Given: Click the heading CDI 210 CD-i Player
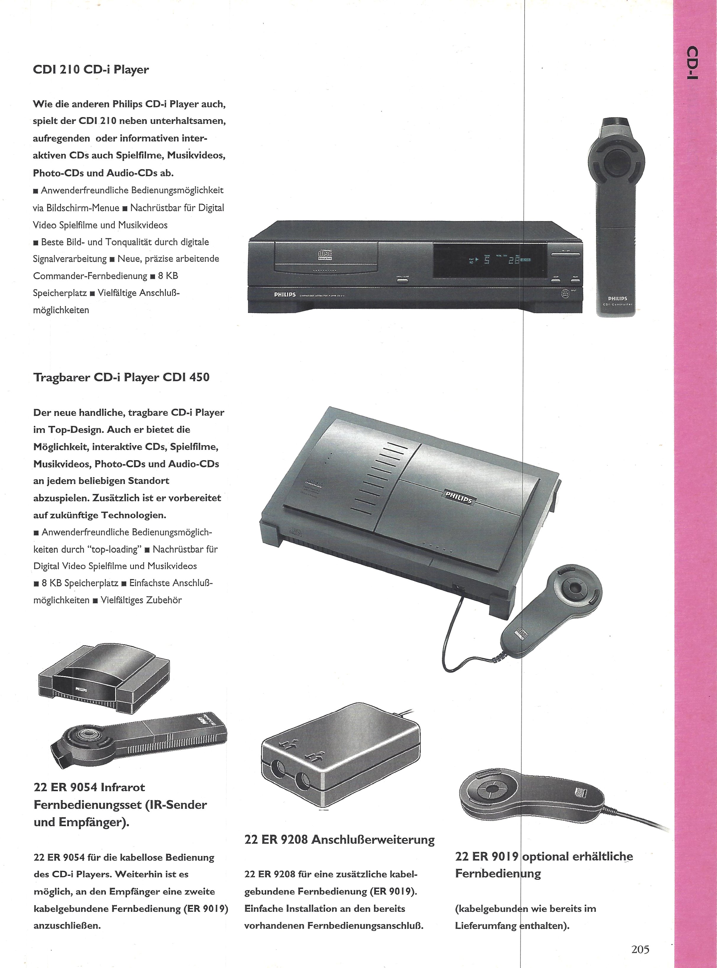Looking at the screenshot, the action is pos(91,69).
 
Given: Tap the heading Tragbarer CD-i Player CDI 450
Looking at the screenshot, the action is pos(121,377).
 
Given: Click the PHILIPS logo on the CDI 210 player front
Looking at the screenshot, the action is pos(285,295).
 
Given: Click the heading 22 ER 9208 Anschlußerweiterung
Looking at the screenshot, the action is pos(339,839).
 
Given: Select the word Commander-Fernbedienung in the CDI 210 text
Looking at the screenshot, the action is pos(90,276).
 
